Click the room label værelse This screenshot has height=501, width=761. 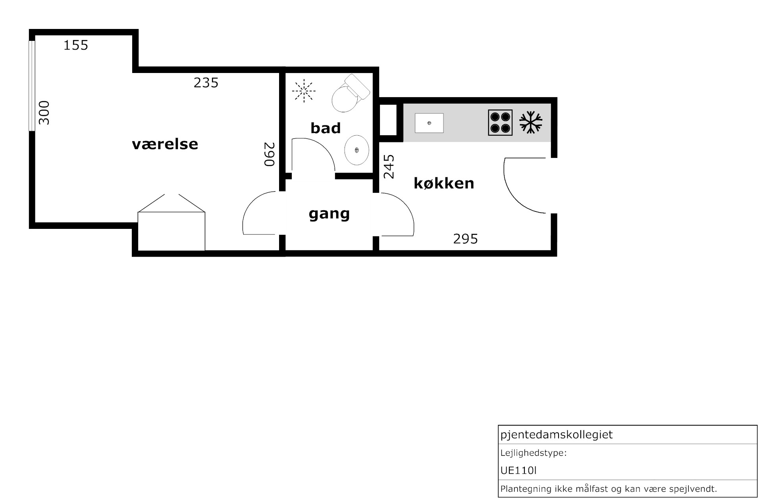point(165,144)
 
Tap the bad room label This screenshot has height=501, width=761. point(326,128)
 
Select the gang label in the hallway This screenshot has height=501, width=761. point(329,214)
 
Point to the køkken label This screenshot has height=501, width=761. point(444,183)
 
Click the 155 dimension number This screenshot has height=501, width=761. point(76,45)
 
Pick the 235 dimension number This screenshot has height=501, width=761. point(206,83)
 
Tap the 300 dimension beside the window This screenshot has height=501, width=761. point(44,113)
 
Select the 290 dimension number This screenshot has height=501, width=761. point(270,154)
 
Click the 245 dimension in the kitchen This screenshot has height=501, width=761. point(389,167)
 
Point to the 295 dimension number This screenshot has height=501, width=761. point(466,239)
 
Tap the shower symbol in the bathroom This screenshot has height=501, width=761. point(304,91)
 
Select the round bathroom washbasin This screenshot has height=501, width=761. point(357,150)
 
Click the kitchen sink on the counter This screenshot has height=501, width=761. point(429,123)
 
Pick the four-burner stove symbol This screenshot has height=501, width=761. point(500,123)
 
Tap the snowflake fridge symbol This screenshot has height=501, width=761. point(531,122)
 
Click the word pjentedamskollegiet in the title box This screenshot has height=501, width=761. point(557,435)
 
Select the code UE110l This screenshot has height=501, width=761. point(518,470)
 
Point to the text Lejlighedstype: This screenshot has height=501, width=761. point(534,453)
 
